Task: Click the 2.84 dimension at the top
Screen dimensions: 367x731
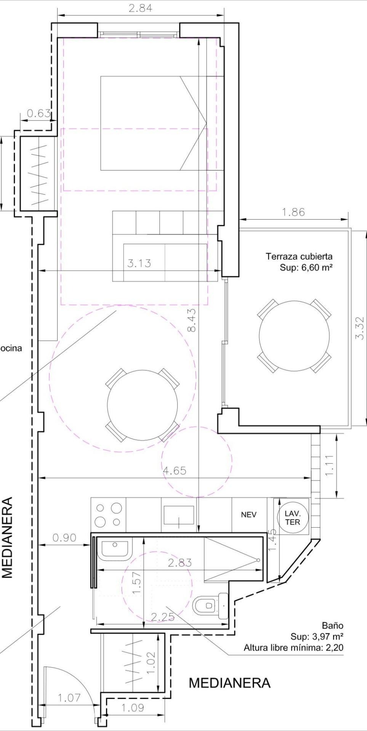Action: [x=140, y=8]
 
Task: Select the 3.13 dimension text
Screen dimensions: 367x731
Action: [x=139, y=263]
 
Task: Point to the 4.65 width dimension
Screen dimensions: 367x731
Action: [x=175, y=471]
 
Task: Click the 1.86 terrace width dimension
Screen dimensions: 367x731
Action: [x=293, y=212]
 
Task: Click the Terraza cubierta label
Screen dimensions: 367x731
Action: [x=299, y=256]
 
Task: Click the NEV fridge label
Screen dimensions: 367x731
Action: [x=248, y=515]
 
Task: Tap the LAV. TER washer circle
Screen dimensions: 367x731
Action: [x=293, y=518]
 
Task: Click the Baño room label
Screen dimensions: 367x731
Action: [x=333, y=625]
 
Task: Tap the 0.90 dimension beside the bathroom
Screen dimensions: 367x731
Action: [x=64, y=538]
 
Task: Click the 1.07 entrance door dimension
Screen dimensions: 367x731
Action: [x=69, y=698]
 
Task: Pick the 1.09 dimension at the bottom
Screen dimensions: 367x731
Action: [x=133, y=708]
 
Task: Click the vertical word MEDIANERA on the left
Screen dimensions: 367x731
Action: [x=8, y=537]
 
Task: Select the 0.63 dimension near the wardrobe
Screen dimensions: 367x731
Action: [x=39, y=113]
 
